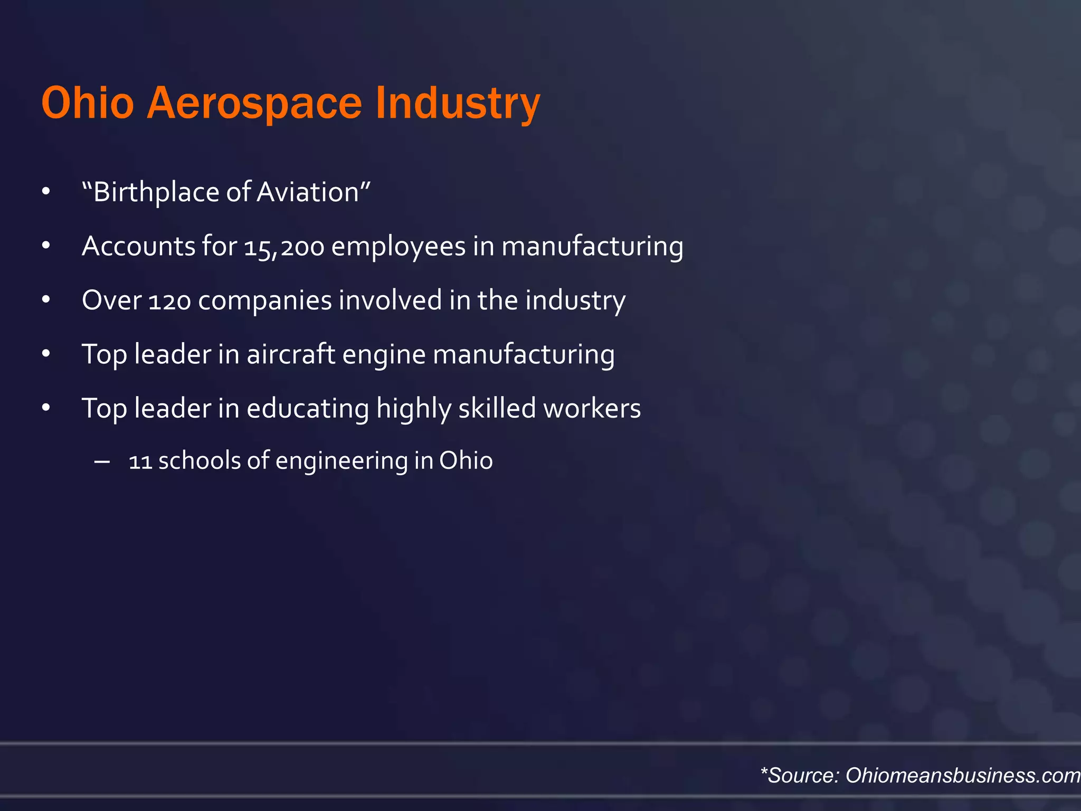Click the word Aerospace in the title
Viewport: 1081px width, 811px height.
tap(254, 103)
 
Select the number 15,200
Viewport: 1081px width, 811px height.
tap(284, 247)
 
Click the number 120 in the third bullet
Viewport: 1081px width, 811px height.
tap(169, 301)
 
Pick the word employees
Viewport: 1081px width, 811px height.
tap(398, 247)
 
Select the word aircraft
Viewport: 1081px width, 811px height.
tap(291, 354)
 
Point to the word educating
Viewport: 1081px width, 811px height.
tap(307, 409)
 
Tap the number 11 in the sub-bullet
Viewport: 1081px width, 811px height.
tap(140, 461)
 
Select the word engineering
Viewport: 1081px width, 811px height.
tap(342, 461)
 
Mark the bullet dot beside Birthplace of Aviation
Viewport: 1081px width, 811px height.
tap(46, 192)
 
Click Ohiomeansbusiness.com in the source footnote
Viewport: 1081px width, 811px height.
tap(963, 775)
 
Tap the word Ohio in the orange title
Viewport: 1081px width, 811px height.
tap(88, 103)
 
